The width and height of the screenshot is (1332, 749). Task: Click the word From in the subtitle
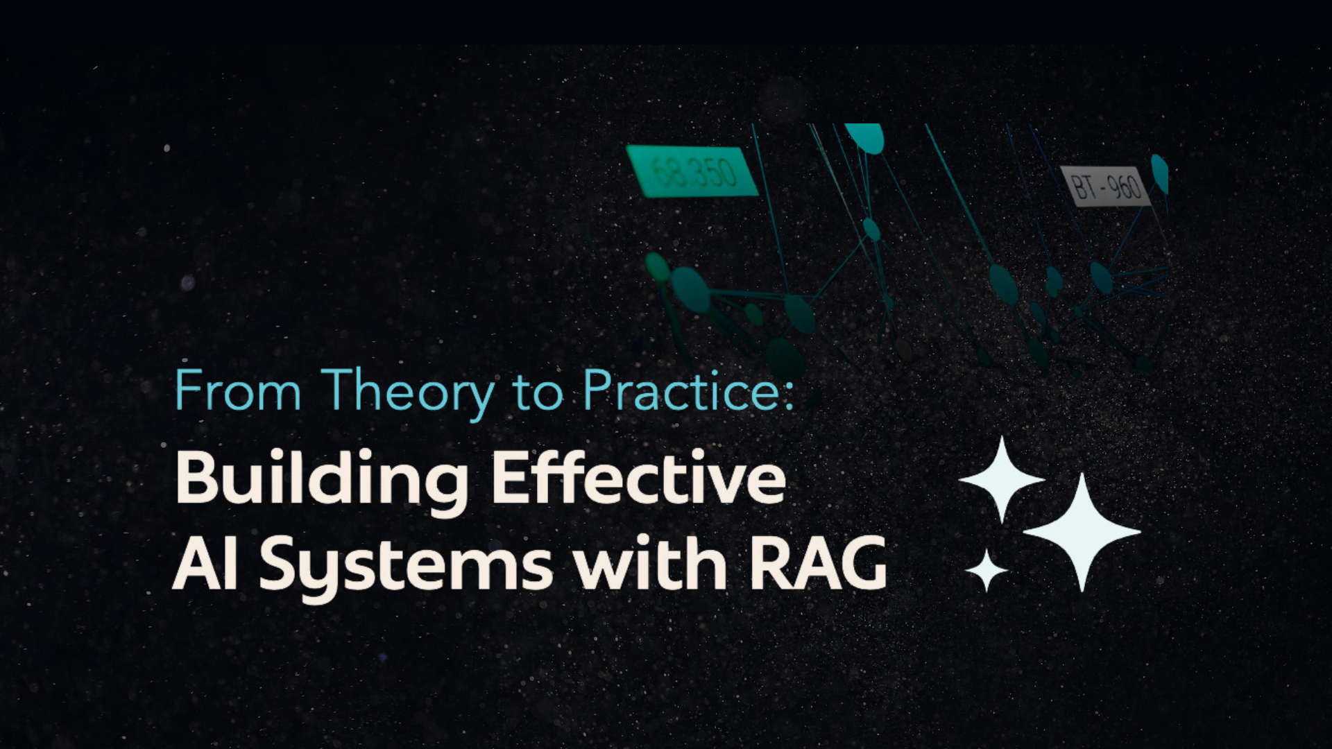tap(237, 390)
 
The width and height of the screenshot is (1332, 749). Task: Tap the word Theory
tap(407, 394)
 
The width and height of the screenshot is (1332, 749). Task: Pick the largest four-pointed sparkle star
tap(1082, 532)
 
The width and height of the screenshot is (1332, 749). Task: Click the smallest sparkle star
tap(987, 571)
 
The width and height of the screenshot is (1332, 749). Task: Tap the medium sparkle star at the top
tap(1001, 479)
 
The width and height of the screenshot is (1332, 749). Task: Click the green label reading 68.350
tap(692, 171)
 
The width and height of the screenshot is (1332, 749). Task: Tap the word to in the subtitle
tap(538, 393)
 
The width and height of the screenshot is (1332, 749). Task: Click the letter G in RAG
tap(863, 563)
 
